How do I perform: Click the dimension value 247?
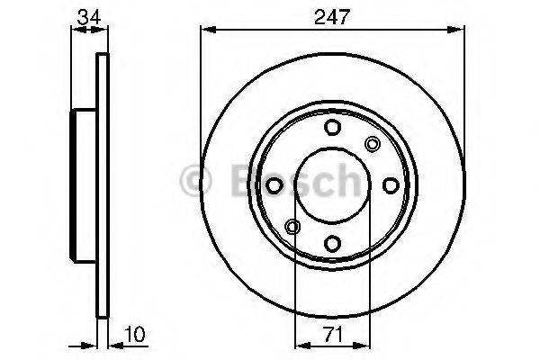point(331,15)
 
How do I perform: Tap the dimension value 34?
point(88,15)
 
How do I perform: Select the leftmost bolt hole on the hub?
point(275,184)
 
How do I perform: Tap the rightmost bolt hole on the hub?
point(390,184)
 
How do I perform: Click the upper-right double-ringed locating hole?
point(373,143)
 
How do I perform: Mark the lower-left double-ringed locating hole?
point(292,226)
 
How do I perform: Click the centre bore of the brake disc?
point(332,184)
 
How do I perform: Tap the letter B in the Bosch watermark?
point(236,180)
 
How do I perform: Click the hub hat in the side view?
point(84,184)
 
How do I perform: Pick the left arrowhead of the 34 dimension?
point(75,30)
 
